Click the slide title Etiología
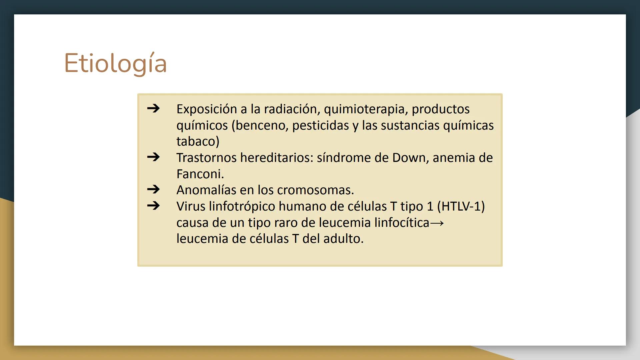click(x=115, y=63)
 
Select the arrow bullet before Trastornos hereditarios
click(x=153, y=157)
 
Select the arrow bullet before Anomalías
click(x=153, y=189)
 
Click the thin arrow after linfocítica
click(x=437, y=223)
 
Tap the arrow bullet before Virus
click(x=153, y=206)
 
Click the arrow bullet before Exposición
click(x=153, y=108)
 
